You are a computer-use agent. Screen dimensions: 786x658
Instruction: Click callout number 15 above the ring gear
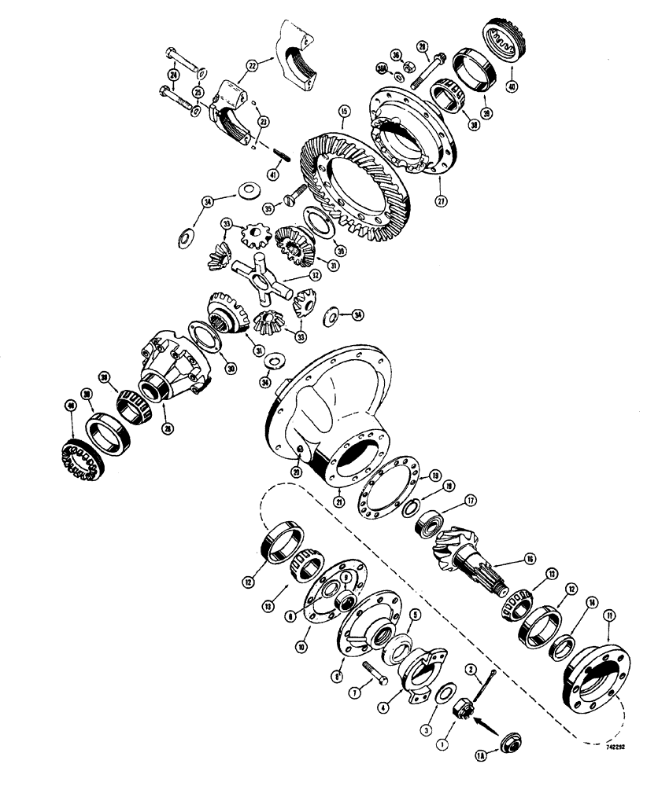[x=343, y=112]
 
